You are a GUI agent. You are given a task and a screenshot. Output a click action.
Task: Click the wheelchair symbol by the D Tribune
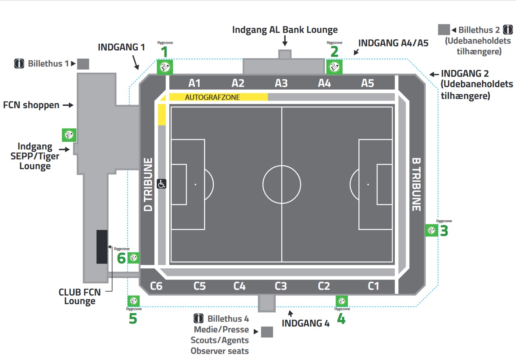pos(162,184)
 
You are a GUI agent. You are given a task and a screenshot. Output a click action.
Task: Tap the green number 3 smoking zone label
pos(444,231)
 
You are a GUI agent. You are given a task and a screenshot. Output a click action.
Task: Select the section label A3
pos(281,83)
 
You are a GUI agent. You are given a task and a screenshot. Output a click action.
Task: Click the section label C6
pos(156,286)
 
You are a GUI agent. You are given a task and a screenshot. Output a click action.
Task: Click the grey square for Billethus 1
pos(83,64)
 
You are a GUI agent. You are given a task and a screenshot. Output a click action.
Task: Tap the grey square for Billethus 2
pos(444,30)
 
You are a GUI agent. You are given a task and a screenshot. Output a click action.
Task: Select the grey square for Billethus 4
pos(267,332)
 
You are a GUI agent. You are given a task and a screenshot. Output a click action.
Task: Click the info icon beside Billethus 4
pos(198,318)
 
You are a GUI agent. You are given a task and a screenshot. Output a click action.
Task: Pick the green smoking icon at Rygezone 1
pos(165,67)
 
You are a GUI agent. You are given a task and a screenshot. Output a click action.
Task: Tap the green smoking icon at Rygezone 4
pos(342,301)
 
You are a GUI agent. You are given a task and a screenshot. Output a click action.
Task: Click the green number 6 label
pos(121,258)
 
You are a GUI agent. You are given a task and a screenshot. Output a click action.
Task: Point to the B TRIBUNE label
pos(416,184)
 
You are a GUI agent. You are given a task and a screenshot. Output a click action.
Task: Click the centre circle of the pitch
pos(282,184)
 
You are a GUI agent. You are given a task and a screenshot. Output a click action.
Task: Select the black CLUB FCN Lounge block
pos(102,246)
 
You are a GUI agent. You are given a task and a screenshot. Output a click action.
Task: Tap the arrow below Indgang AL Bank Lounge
pos(285,40)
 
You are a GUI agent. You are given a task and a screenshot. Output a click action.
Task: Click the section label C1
pos(373,286)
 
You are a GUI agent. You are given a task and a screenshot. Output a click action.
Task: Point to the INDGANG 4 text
pos(305,323)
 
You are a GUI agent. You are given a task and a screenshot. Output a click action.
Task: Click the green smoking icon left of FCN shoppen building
pos(69,135)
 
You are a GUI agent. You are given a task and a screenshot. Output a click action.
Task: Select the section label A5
pos(367,83)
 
